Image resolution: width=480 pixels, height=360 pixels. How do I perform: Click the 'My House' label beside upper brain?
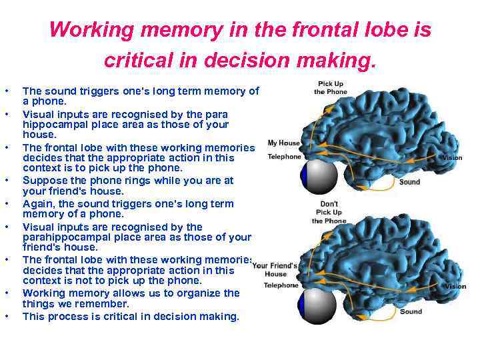click(283, 143)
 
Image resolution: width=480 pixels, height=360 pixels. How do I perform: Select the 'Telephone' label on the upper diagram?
click(285, 157)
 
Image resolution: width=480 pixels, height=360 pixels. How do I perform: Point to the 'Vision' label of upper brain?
click(453, 158)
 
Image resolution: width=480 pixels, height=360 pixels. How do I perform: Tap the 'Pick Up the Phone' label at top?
click(331, 87)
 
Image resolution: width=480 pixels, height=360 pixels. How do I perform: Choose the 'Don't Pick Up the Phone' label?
click(329, 212)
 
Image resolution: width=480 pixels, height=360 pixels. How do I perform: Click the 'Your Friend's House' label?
click(275, 269)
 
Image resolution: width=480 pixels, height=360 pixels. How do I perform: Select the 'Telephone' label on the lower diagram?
click(281, 285)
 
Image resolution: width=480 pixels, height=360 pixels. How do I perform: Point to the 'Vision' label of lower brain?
click(455, 287)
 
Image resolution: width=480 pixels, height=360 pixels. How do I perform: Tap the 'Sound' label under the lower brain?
click(411, 311)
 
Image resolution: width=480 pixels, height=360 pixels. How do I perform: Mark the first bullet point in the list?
click(6, 90)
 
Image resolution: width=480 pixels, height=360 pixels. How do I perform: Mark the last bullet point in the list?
click(6, 317)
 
